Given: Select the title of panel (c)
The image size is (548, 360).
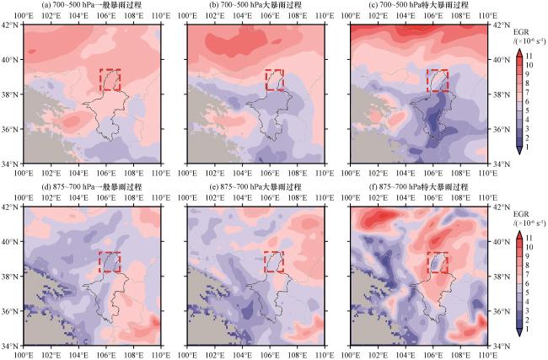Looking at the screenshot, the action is coord(418,5).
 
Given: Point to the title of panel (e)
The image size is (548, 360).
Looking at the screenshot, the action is coord(255,187).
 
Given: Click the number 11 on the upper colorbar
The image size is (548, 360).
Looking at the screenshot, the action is coord(529,56).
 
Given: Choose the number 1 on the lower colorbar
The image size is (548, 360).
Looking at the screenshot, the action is coord(528,330).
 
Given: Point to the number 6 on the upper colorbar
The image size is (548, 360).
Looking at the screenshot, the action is coord(528,102).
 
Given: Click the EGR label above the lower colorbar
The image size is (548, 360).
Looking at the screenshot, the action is coord(521,214).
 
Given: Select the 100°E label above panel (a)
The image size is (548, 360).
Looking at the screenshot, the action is coord(24,16).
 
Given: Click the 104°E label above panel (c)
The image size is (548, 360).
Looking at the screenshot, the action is coord(406,16).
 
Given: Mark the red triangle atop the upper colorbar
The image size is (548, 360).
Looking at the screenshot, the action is coord(519,53).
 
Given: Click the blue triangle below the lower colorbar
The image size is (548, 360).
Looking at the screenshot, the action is coord(519,333).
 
